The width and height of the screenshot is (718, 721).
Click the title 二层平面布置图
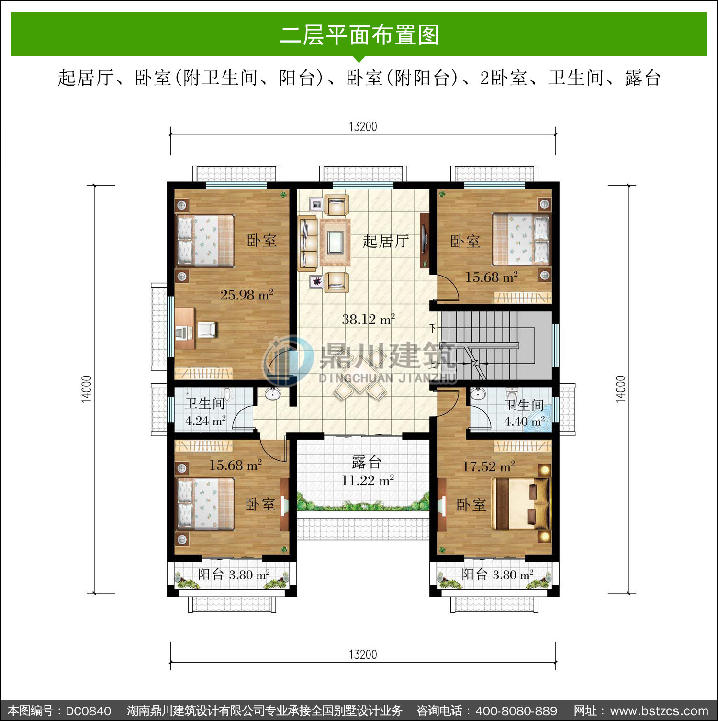click(359, 35)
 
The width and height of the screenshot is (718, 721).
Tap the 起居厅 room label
click(386, 241)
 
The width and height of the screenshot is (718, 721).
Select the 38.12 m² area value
click(369, 319)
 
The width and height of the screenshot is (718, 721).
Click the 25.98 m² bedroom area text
click(247, 295)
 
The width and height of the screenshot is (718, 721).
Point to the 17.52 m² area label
click(489, 466)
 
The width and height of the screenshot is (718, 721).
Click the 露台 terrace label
click(367, 462)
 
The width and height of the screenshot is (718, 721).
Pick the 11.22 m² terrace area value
click(368, 480)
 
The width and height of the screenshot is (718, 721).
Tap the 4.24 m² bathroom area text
click(205, 421)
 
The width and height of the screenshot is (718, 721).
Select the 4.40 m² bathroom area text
click(524, 422)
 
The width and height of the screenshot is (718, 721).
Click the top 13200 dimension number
click(363, 127)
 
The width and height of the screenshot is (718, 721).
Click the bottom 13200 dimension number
click(363, 654)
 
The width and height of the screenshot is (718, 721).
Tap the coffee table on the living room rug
click(335, 242)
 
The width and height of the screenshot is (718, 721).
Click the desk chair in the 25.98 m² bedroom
click(207, 330)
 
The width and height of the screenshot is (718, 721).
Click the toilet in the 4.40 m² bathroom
click(512, 395)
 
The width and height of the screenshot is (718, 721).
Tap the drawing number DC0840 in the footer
click(89, 711)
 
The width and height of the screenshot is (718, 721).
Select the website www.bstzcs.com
click(659, 711)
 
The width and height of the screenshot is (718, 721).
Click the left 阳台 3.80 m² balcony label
click(234, 575)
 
